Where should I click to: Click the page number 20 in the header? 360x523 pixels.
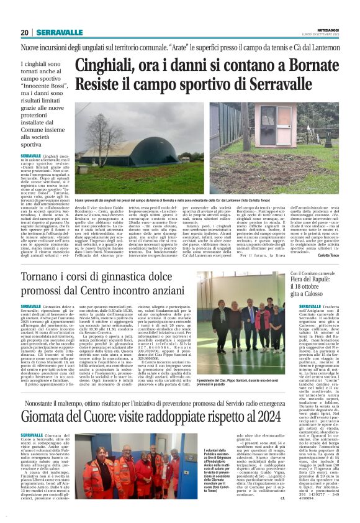click(x=25, y=32)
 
